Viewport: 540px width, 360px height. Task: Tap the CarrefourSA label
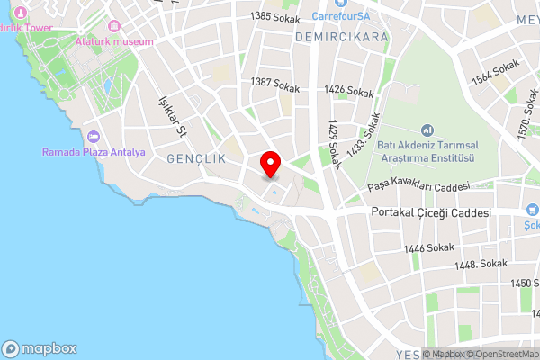344,15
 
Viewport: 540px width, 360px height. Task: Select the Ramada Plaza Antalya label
94,152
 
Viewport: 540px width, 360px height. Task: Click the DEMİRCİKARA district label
341,37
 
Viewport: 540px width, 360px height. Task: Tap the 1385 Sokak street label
274,15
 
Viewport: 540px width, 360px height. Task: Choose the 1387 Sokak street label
274,84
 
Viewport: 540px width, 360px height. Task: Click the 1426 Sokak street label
348,91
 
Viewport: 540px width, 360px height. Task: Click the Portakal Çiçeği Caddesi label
431,213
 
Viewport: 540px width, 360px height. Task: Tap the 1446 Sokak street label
428,247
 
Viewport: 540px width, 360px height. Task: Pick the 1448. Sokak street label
481,264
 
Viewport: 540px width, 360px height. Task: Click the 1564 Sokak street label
495,71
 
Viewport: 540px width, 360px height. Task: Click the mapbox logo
40,349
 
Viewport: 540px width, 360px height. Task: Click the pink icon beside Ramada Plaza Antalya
94,137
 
